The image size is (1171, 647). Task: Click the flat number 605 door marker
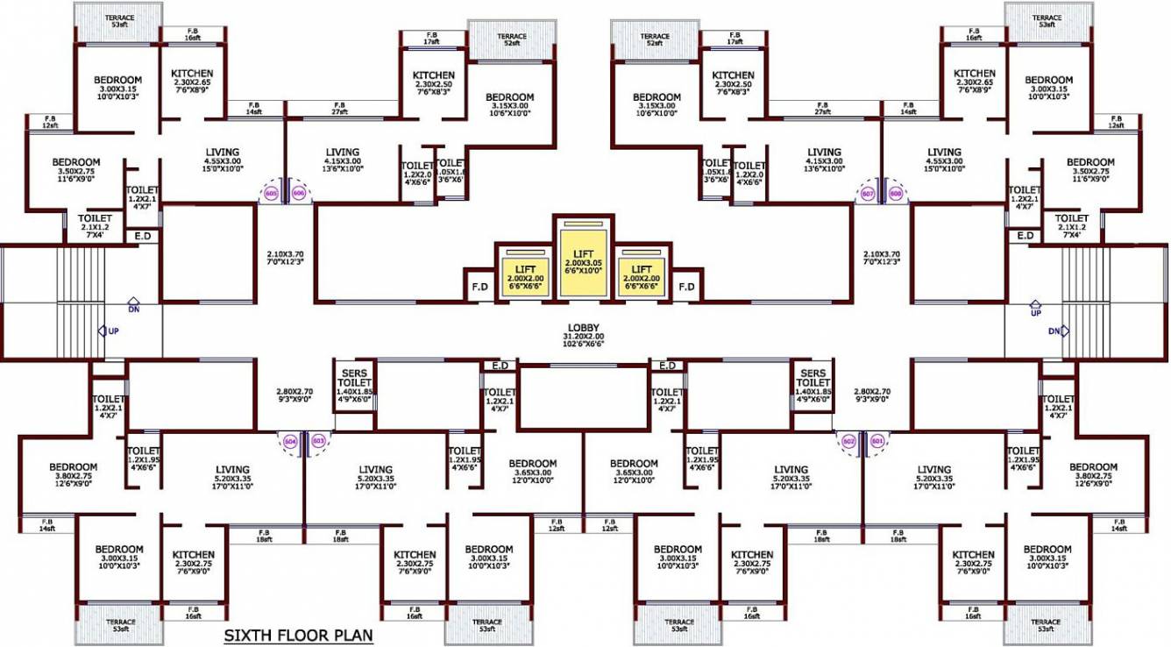tap(270, 193)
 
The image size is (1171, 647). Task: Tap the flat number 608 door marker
tap(895, 193)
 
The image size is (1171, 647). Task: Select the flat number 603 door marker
tap(318, 441)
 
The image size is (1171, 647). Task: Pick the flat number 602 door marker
tap(848, 442)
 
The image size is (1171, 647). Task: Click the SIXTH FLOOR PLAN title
tap(298, 635)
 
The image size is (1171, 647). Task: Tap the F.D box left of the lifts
tap(479, 286)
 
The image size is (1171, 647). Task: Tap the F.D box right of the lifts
tap(687, 286)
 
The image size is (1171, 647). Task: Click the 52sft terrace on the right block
tap(654, 40)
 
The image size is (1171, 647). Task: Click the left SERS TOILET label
tap(354, 384)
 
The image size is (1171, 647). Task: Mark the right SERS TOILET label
tap(813, 384)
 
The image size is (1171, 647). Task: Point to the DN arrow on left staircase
tap(132, 303)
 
